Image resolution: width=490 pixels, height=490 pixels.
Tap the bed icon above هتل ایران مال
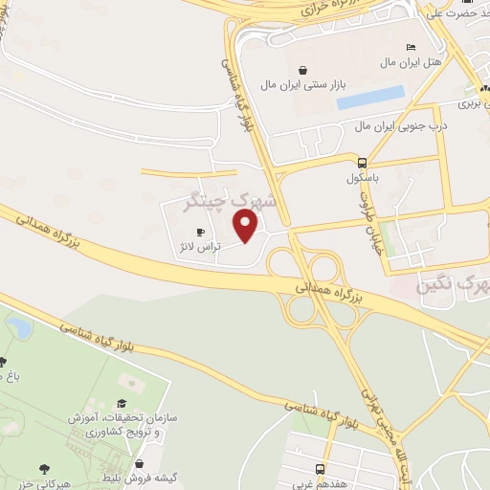[411, 47]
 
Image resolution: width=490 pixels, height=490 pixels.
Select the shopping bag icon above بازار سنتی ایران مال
[303, 69]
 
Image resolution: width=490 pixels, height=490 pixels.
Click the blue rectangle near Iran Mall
[370, 97]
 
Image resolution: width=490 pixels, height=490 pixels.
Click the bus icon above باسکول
[362, 162]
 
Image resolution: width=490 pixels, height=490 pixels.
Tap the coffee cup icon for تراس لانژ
[200, 232]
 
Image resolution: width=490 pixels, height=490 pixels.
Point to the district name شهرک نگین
[454, 285]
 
